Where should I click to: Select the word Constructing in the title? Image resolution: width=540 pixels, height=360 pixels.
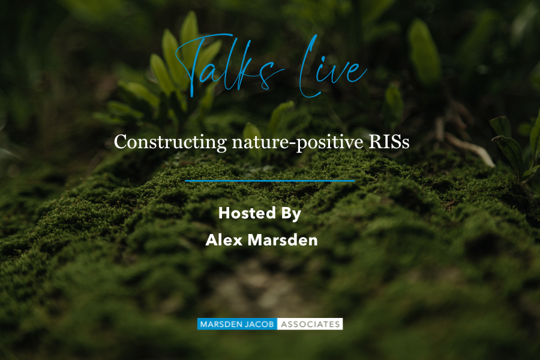pyautogui.click(x=170, y=142)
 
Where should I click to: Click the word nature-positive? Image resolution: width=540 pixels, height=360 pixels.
pyautogui.click(x=298, y=143)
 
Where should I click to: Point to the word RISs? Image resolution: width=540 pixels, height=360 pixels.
pyautogui.click(x=389, y=142)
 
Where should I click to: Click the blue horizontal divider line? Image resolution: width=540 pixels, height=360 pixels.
pyautogui.click(x=269, y=181)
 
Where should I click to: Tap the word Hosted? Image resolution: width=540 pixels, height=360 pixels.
pyautogui.click(x=247, y=213)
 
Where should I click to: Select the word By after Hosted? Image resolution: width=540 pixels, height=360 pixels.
pyautogui.click(x=291, y=214)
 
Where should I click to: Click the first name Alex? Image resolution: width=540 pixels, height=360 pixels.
pyautogui.click(x=224, y=240)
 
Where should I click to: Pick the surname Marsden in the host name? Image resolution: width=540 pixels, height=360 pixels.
pyautogui.click(x=283, y=240)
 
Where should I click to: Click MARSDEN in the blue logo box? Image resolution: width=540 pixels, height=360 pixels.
pyautogui.click(x=218, y=324)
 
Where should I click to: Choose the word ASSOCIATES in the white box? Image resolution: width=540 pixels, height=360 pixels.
pyautogui.click(x=310, y=324)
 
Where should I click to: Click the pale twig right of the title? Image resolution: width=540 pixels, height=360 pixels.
pyautogui.click(x=470, y=149)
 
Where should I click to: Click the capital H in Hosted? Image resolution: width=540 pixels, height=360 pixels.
pyautogui.click(x=224, y=213)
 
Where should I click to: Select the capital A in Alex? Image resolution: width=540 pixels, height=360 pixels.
pyautogui.click(x=212, y=240)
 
